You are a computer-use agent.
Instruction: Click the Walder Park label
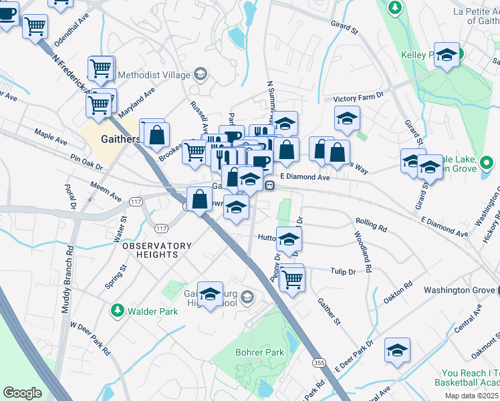[153, 311]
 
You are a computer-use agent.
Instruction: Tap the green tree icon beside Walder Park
[118, 311]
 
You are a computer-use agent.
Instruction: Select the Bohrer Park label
[259, 352]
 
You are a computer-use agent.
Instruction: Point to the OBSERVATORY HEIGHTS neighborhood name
[150, 251]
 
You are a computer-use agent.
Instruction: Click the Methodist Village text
[152, 75]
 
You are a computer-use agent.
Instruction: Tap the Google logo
[22, 392]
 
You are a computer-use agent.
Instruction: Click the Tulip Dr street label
[342, 271]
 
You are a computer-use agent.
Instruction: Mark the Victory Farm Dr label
[362, 97]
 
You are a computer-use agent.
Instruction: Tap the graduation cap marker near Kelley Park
[447, 55]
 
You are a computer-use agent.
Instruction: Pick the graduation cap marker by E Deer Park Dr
[397, 350]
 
